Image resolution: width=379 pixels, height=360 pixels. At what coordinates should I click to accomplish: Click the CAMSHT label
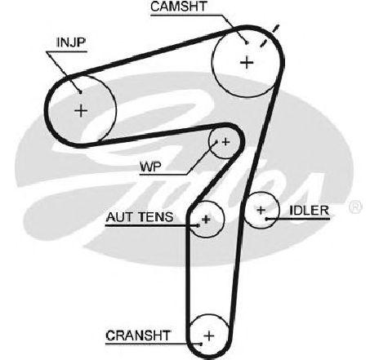coord(179,7)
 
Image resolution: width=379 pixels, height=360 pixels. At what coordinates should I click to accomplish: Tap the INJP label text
coord(71,42)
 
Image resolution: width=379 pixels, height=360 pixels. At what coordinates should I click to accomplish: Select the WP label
coord(150,167)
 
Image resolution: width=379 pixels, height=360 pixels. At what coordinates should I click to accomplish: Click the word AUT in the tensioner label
coord(118,217)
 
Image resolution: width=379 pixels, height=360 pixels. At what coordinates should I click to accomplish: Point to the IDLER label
coord(309,211)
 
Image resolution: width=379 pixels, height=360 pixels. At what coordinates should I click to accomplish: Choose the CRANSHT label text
coord(138,336)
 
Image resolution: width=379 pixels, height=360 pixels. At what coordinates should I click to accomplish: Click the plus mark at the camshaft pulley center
coord(247,63)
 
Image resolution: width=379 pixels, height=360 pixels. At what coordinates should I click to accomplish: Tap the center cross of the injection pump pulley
coord(81,111)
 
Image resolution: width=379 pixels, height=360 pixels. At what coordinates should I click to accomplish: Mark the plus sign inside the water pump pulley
coord(225,142)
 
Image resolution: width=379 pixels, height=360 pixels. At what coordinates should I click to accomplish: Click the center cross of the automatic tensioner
coord(206,219)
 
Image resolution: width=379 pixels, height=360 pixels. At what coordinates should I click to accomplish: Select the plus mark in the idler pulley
coord(261,210)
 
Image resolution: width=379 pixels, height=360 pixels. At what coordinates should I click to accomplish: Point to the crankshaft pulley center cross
coord(209,336)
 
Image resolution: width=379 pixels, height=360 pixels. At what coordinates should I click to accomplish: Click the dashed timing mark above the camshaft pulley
coord(270,35)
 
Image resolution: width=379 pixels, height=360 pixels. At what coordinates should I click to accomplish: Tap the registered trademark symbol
coord(355,207)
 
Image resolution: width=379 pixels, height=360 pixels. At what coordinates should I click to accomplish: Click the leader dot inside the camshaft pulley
coord(247,42)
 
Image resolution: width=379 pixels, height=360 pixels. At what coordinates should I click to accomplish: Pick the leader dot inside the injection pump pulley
coord(80,92)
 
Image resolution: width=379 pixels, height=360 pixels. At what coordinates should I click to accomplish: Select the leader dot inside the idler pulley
coord(267,219)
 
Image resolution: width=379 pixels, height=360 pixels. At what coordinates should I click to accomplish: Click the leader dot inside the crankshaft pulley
coord(201,344)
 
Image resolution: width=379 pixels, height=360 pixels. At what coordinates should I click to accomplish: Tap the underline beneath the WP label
coord(163,175)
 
